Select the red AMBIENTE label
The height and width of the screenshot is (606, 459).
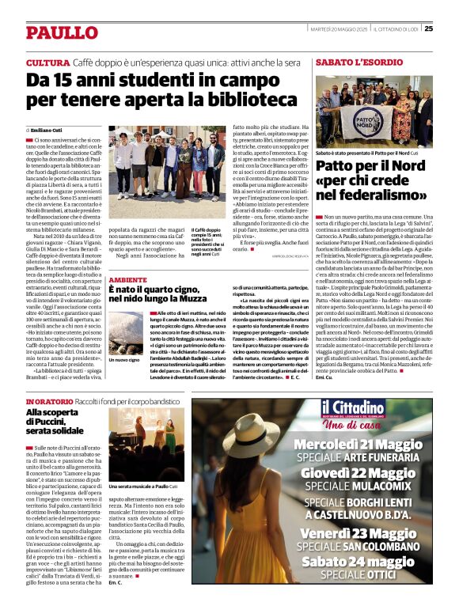coord(127,280)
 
